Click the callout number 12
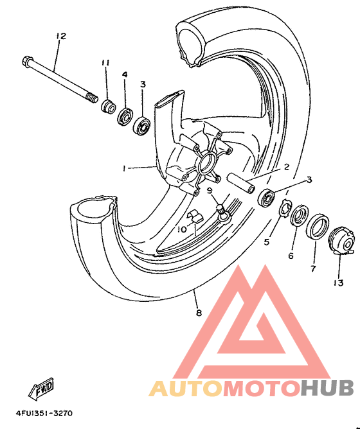[61, 36]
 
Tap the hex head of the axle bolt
[27, 61]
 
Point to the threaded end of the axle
[93, 98]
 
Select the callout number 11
[105, 63]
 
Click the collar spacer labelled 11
[108, 107]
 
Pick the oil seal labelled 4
[125, 116]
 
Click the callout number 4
[125, 74]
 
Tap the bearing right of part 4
[142, 126]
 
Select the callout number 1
[124, 168]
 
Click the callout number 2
[287, 166]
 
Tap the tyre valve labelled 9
[222, 212]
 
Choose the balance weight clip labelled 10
[195, 215]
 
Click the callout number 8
[199, 312]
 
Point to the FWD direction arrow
[41, 388]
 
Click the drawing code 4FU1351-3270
[44, 413]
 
